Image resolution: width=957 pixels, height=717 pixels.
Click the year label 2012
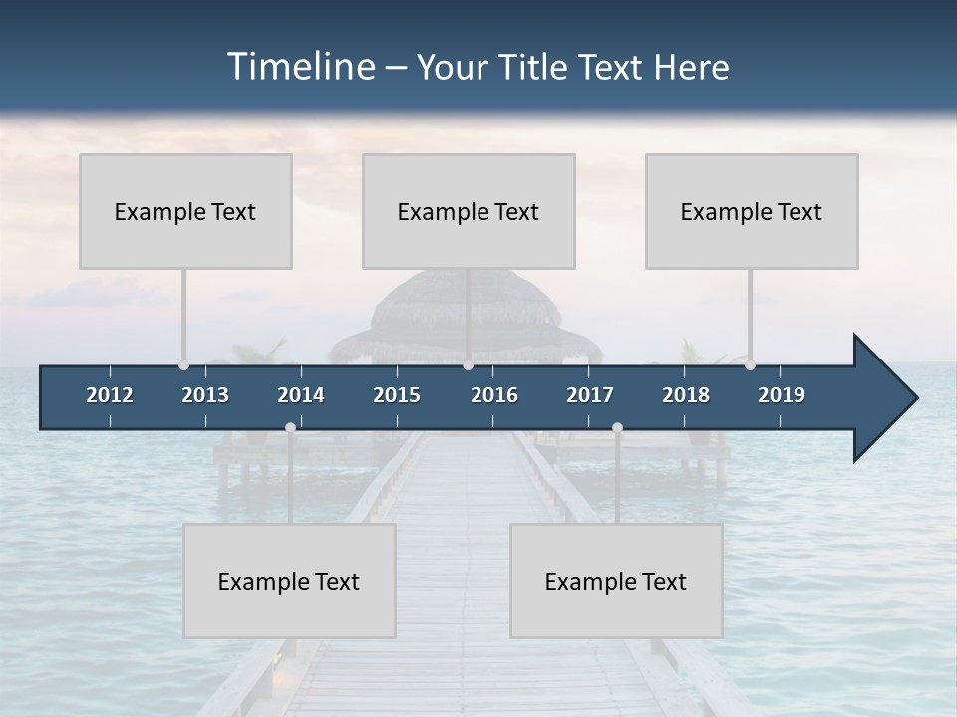[110, 395]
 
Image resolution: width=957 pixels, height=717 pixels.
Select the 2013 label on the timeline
[205, 395]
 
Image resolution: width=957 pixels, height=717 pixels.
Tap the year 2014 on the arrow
[301, 395]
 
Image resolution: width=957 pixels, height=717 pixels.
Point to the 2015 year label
[397, 395]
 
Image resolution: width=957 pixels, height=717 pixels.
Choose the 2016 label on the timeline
[494, 395]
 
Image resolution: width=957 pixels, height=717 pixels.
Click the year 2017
[590, 395]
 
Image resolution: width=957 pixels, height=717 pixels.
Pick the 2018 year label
[686, 395]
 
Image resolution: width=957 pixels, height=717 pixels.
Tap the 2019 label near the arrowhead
[782, 395]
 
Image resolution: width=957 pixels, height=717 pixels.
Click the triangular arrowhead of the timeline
[883, 398]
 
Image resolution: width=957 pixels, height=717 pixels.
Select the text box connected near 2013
[185, 211]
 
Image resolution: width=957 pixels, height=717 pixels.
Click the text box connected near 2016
[469, 211]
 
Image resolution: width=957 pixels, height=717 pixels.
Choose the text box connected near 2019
[752, 211]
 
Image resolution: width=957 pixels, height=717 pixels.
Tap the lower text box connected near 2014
[289, 581]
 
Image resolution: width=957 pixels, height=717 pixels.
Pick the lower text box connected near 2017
[616, 581]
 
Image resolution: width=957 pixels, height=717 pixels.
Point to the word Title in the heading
[536, 67]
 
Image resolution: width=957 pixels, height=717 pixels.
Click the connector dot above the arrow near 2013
[183, 364]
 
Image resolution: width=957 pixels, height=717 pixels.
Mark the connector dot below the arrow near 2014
[290, 427]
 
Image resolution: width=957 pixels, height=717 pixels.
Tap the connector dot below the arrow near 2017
[617, 427]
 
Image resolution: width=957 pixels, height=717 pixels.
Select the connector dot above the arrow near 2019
[750, 364]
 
